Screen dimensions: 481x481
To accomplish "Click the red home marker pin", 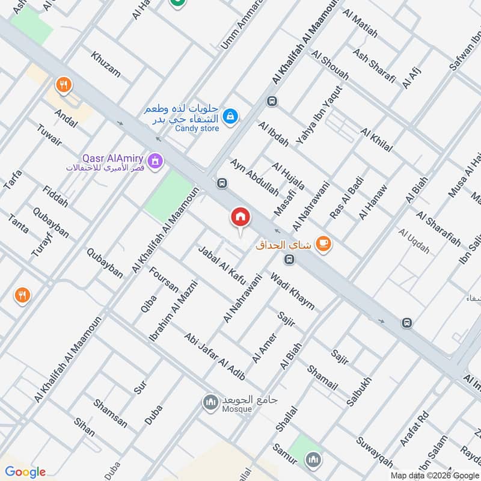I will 240,217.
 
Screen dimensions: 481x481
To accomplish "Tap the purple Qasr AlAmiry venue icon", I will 156,161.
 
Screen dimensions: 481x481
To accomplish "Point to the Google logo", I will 25,472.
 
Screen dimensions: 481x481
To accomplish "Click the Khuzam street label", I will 105,66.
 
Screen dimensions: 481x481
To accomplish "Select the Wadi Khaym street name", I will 292,292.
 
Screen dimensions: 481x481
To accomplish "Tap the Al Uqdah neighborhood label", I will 414,240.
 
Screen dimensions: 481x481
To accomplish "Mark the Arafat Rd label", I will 415,434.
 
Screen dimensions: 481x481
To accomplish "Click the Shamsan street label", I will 110,413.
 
